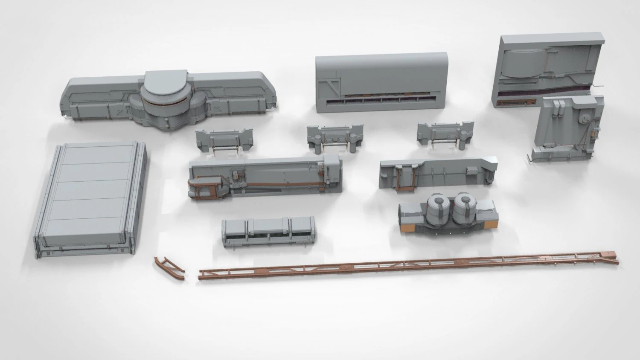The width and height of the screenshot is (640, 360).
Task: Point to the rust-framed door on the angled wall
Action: [405, 177]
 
